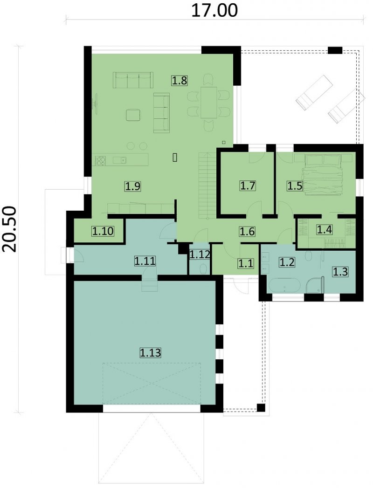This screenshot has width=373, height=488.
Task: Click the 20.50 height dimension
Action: click(x=10, y=229)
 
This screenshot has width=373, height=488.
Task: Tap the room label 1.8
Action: click(x=180, y=81)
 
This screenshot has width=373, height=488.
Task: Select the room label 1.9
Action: click(x=133, y=186)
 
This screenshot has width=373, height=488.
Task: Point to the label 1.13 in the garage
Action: click(x=150, y=353)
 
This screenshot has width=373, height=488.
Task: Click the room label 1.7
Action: click(x=248, y=186)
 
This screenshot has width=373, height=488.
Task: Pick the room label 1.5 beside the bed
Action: click(x=295, y=186)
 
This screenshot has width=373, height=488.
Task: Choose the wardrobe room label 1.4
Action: click(x=325, y=230)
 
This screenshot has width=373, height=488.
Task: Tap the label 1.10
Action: click(x=103, y=231)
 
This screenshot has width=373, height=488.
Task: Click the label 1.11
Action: click(x=145, y=261)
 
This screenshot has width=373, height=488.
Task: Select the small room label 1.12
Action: click(x=200, y=254)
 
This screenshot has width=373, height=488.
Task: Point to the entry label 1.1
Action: click(x=246, y=263)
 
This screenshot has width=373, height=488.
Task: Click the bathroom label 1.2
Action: click(x=287, y=262)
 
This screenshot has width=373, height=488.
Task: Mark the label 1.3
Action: click(x=340, y=272)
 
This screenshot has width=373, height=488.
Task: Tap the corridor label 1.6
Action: click(x=247, y=231)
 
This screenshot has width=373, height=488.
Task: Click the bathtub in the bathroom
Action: click(x=285, y=285)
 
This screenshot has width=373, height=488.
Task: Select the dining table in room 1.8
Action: click(x=209, y=103)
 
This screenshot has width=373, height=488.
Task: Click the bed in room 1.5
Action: click(x=323, y=174)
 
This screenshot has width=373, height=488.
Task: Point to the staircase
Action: click(x=207, y=186)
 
